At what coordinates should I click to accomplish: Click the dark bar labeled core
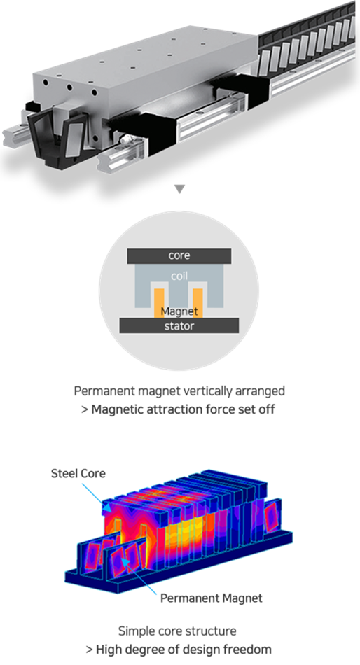click(179, 256)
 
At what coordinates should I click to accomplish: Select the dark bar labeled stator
click(179, 325)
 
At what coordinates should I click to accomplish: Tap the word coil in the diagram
click(179, 276)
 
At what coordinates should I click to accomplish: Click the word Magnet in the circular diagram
click(179, 311)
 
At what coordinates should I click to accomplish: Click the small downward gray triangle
click(180, 189)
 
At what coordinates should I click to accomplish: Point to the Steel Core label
click(78, 473)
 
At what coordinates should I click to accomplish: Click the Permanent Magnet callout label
click(212, 598)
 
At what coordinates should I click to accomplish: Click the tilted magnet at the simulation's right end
click(271, 516)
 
